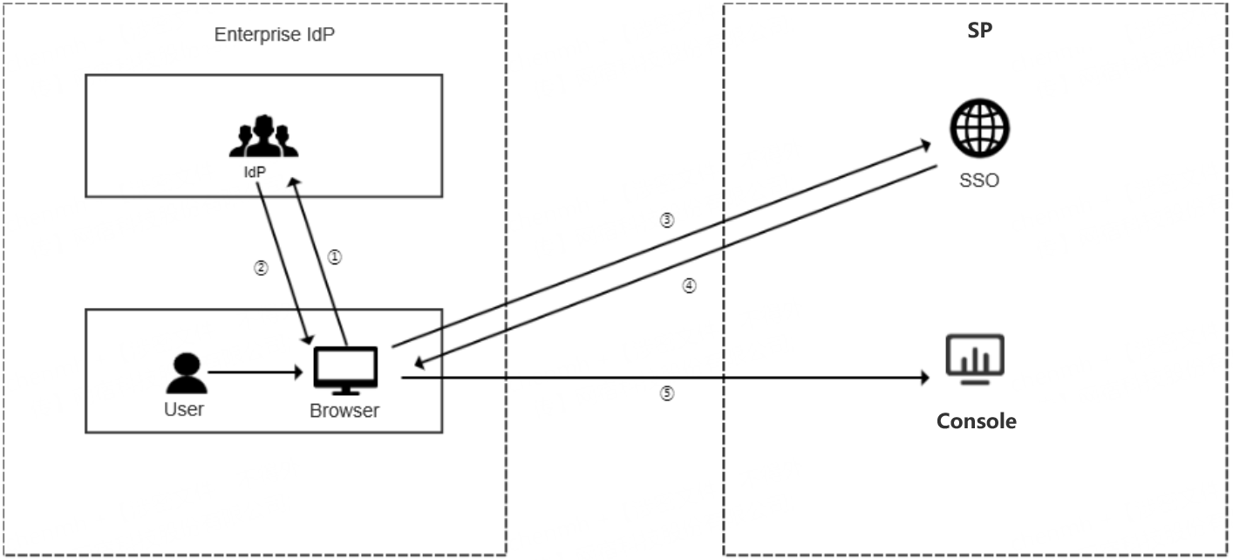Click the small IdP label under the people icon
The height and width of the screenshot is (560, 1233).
(x=254, y=173)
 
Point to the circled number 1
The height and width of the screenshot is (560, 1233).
(x=335, y=257)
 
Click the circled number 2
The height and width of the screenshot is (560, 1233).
(x=260, y=268)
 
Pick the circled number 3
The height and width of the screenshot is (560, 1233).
(x=667, y=221)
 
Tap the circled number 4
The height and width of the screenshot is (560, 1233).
(x=689, y=285)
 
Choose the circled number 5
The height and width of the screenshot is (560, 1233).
(x=666, y=393)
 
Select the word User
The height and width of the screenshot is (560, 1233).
(x=184, y=409)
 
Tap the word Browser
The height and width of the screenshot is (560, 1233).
(x=344, y=411)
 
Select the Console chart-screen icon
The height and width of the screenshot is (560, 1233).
(x=976, y=358)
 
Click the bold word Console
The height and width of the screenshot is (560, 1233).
(x=976, y=421)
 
